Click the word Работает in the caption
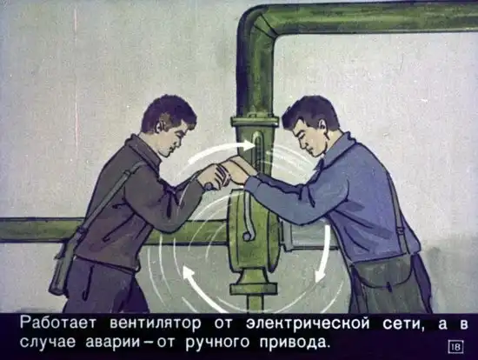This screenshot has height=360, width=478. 58,323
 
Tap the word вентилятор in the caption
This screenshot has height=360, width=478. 156,323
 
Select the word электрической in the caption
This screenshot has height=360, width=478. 308,323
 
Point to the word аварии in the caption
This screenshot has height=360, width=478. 113,343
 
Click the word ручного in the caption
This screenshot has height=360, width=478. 217,343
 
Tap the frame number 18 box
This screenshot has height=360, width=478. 456,347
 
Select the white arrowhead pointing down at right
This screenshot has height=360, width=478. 319,274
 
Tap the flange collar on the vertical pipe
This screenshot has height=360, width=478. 255,121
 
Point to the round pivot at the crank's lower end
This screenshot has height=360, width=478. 246,237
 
